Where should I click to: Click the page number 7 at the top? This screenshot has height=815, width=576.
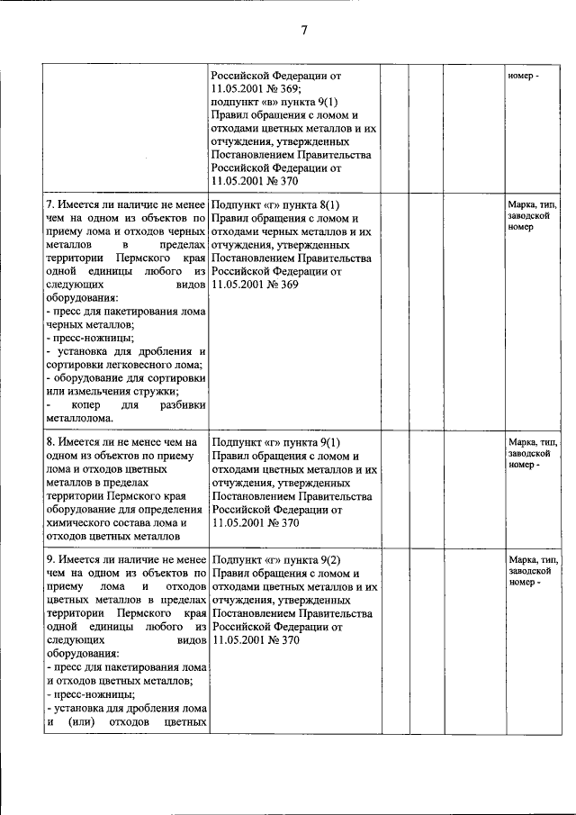(304, 31)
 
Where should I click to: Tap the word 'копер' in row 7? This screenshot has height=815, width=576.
(77, 405)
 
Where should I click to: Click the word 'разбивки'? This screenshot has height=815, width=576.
(184, 405)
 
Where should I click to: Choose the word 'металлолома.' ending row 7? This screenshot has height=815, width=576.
(80, 418)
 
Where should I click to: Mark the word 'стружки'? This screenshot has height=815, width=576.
(155, 391)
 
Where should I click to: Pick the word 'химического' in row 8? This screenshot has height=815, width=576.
(82, 523)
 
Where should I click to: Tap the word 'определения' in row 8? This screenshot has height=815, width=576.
(171, 510)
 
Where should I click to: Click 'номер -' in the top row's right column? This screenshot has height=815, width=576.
(524, 76)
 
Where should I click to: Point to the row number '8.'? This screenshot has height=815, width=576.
(52, 443)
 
